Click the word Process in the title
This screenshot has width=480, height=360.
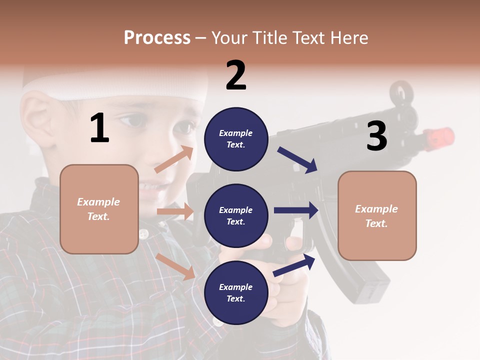[157, 37]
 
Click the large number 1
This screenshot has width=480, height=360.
[99, 128]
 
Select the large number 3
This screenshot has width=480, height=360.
[376, 136]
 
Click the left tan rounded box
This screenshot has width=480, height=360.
[99, 209]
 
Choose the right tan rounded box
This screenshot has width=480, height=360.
[377, 215]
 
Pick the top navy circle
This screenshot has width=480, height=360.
[236, 139]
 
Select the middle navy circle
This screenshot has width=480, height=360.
[236, 215]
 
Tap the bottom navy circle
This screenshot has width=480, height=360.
[236, 292]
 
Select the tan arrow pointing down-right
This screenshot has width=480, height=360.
[175, 266]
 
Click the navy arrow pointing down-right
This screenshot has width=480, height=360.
[297, 159]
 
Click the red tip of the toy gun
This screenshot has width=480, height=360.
[440, 136]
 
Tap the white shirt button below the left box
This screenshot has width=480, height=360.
[144, 233]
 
